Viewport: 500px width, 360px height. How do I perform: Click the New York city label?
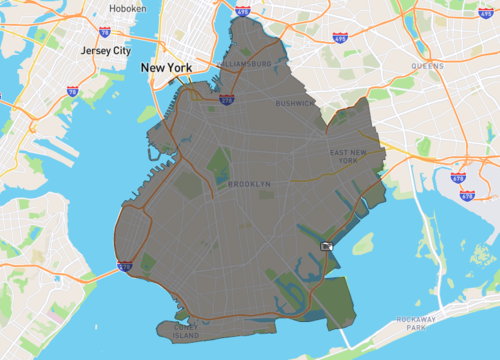tap(165, 68)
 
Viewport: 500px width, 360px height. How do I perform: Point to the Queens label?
tap(427, 66)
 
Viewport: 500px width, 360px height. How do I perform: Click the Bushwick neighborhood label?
tap(295, 102)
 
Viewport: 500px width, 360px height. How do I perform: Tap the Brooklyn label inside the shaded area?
tap(249, 184)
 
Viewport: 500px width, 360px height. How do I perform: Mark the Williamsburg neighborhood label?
tap(243, 63)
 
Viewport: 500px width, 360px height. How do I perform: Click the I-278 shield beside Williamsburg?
tap(227, 101)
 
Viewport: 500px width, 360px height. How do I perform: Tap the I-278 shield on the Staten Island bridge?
tap(124, 265)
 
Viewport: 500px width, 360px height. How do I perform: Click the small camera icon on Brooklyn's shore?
tap(327, 245)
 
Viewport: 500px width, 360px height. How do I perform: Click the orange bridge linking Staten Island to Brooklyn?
tap(108, 271)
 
